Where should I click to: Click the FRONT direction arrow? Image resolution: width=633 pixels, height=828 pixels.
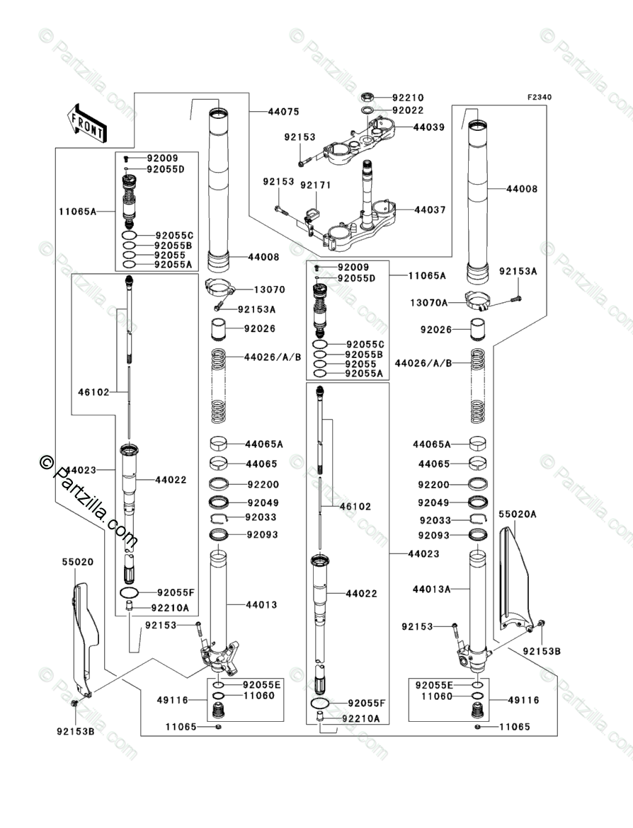click(x=87, y=122)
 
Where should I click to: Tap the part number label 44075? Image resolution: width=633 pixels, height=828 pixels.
click(x=283, y=112)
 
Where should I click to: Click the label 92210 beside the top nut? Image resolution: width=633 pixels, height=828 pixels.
click(x=408, y=98)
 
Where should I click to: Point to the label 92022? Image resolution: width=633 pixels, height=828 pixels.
click(x=408, y=110)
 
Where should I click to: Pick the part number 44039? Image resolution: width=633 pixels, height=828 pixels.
click(x=429, y=127)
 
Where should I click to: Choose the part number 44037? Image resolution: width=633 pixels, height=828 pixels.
click(x=429, y=210)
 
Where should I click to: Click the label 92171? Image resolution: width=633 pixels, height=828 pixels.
click(x=315, y=184)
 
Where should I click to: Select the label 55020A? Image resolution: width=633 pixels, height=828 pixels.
click(x=518, y=514)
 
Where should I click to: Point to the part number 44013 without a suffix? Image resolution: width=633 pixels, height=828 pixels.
click(x=262, y=605)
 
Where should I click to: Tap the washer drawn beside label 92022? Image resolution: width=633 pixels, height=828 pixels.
click(x=367, y=111)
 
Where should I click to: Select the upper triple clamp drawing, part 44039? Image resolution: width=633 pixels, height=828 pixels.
click(x=361, y=141)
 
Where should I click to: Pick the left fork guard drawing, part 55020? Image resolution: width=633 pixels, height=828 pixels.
click(x=83, y=637)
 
